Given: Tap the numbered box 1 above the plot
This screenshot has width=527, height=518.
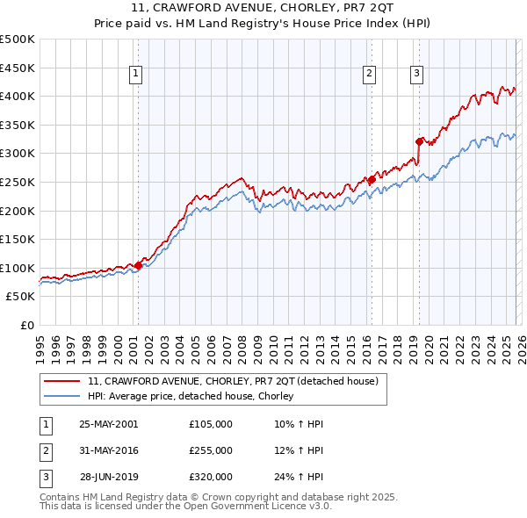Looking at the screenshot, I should point(137,75).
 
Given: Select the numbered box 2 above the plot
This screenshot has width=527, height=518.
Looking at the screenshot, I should point(370,75).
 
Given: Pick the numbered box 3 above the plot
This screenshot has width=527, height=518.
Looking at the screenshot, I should point(416,75).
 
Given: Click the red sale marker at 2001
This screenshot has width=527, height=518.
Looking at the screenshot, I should point(139,265).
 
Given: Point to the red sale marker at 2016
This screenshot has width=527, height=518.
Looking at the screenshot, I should point(372,180).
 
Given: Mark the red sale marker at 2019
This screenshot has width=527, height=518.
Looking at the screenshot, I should point(419,140).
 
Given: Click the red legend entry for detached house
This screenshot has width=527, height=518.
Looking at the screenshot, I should point(233,381).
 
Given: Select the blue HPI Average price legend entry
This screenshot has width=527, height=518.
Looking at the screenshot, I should point(190,397).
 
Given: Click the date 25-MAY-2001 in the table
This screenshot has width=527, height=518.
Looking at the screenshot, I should point(108,424).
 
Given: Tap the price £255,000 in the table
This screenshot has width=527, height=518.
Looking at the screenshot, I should point(211,450).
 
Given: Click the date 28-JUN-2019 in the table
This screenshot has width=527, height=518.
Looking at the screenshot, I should point(108,477).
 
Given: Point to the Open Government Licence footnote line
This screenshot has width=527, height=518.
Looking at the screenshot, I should point(185,507).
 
